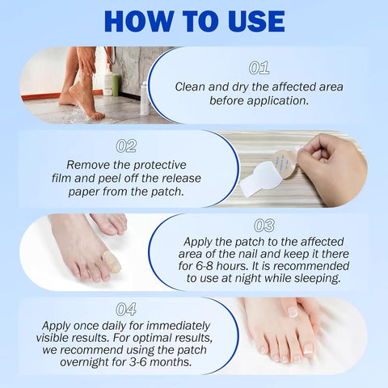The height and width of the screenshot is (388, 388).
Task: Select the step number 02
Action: [126, 146]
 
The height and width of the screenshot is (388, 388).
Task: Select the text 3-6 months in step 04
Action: [154, 362]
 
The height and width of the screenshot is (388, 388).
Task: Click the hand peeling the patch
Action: [338, 166]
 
